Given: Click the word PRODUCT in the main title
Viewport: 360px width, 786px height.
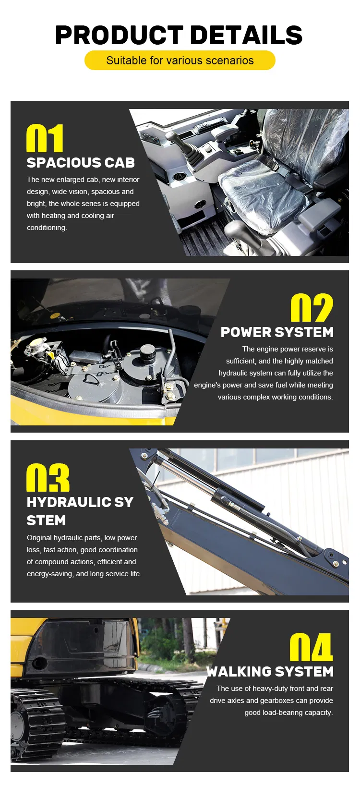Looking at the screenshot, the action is tap(120, 35).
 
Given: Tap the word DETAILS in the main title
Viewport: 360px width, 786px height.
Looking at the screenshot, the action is tap(246, 35).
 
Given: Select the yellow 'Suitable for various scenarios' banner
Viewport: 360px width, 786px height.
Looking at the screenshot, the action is tap(180, 60).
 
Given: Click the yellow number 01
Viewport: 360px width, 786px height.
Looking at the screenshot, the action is tap(45, 138).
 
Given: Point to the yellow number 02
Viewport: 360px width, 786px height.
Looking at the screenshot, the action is tap(312, 308).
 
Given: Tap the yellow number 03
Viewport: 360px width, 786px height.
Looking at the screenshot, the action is tap(48, 478).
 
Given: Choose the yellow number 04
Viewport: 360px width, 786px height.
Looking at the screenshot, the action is tap(311, 647).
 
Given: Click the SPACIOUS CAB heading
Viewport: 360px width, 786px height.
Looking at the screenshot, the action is tap(81, 162).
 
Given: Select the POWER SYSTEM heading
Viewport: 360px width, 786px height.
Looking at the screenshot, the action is tap(277, 332).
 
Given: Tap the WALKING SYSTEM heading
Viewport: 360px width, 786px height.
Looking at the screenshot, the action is tap(270, 671).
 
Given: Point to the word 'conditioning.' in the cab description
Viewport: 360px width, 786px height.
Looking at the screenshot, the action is tap(47, 228).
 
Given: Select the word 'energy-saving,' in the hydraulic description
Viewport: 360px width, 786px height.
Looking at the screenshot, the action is tap(50, 574).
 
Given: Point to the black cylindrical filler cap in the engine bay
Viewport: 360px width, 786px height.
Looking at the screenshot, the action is tap(147, 352).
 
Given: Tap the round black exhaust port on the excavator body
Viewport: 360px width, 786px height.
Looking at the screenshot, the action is tap(39, 663).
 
